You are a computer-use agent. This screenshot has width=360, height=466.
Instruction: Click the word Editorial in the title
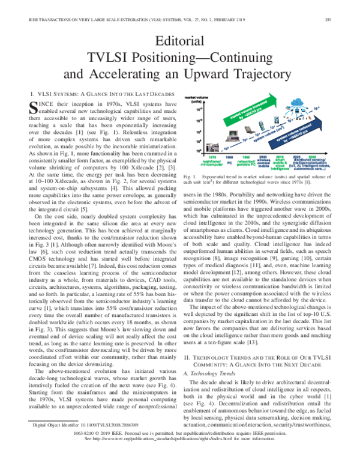(x=179, y=41)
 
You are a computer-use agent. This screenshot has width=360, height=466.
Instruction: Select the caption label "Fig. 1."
(x=187, y=177)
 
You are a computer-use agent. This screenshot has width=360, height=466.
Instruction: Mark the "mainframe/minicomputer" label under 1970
(x=213, y=162)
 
